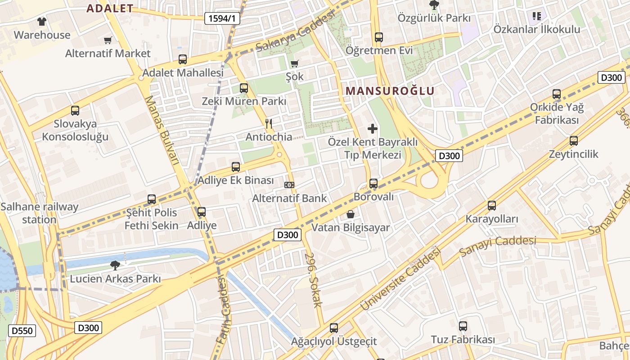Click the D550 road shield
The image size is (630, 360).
click(22, 331)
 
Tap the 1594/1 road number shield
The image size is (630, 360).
click(222, 18)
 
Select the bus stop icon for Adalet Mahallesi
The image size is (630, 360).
click(183, 59)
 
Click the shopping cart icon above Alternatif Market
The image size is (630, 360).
click(108, 40)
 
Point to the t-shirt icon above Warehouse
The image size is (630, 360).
click(42, 21)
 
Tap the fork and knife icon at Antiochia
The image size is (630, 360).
click(269, 123)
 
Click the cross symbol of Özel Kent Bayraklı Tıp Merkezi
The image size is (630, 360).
click(373, 129)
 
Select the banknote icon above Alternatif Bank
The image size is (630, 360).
click(289, 185)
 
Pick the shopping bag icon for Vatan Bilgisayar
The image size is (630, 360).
click(351, 214)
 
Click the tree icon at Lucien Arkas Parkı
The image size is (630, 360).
click(115, 265)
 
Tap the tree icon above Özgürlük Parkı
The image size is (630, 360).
click(434, 5)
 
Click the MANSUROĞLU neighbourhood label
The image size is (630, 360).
click(390, 90)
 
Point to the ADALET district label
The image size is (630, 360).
click(110, 8)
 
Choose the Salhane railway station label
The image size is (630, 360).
click(40, 213)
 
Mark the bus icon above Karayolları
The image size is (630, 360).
click(492, 206)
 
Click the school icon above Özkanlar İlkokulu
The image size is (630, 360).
click(536, 17)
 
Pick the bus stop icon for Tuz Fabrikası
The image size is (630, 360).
click(463, 326)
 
